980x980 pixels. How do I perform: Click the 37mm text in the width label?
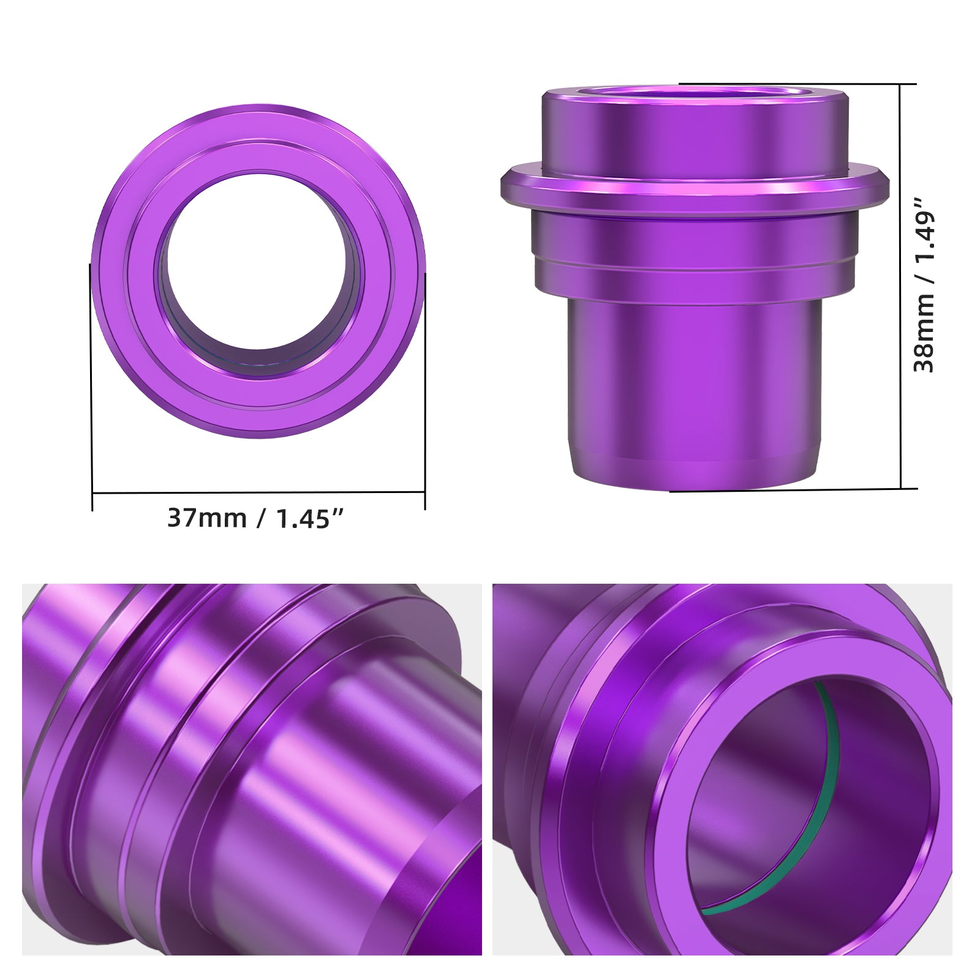click(x=206, y=518)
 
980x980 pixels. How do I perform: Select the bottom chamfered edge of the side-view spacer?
click(x=693, y=481)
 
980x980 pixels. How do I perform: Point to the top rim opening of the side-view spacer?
click(x=693, y=92)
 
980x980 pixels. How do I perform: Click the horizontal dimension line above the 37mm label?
click(x=257, y=492)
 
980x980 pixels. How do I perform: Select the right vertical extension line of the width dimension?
click(x=424, y=392)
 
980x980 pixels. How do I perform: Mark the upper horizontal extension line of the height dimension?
click(x=796, y=83)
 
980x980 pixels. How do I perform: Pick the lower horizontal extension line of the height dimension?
click(x=796, y=489)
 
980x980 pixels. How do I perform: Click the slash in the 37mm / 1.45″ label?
click(x=261, y=518)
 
